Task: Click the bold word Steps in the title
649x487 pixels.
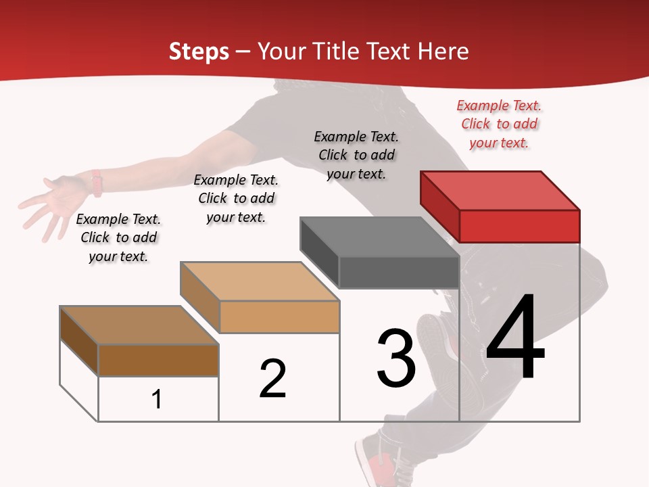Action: (x=199, y=51)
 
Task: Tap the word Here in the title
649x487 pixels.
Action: (x=443, y=51)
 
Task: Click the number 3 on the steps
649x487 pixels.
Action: (x=396, y=358)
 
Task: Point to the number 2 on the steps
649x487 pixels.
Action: (x=273, y=379)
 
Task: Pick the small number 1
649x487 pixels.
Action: (x=156, y=399)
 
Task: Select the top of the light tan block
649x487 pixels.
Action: (x=260, y=281)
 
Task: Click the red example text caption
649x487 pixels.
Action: (x=499, y=124)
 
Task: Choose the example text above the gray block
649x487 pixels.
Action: (x=356, y=155)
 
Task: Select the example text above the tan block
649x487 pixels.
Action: (x=236, y=198)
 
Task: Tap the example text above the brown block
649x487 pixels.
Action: (x=118, y=237)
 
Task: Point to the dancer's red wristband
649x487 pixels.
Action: (x=97, y=183)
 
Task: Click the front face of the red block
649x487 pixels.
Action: (x=519, y=226)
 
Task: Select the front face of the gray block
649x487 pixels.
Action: (x=399, y=273)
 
